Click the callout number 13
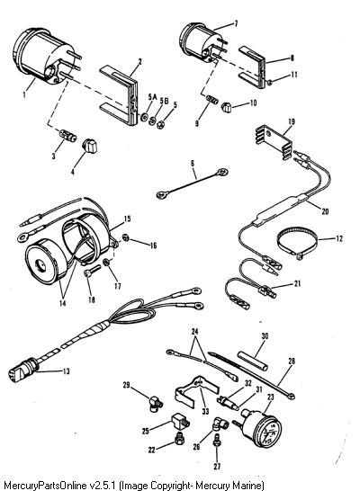(66, 371)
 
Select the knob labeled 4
(90, 147)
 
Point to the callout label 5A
(152, 97)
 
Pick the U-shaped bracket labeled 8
(253, 67)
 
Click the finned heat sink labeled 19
(274, 141)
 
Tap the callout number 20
(325, 211)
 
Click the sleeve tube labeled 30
(253, 361)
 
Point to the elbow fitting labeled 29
(155, 404)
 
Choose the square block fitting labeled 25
(180, 422)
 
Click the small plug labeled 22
(180, 437)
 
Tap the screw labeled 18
(92, 272)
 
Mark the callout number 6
(193, 163)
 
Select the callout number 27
(217, 466)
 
